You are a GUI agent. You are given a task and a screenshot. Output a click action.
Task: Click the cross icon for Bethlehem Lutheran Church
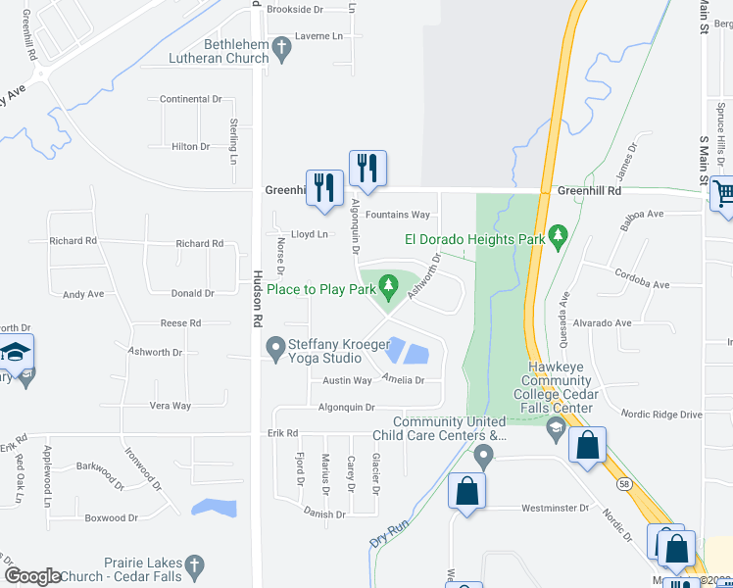[x=282, y=47]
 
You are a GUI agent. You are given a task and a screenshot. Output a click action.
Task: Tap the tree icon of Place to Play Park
[x=389, y=287]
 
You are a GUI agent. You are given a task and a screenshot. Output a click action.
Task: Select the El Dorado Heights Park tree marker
[x=559, y=236]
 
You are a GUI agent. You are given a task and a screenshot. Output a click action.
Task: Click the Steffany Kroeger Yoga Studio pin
[x=275, y=348]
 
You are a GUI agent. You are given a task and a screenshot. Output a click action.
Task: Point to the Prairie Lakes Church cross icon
[x=194, y=565]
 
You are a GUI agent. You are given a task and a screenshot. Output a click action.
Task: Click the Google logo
[x=33, y=576]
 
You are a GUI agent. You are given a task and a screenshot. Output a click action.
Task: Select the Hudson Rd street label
[x=258, y=298]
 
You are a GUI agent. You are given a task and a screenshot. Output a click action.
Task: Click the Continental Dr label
[x=191, y=99]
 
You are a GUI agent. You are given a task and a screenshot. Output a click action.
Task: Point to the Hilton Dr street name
[x=191, y=146]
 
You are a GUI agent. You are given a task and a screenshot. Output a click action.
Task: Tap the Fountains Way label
[x=398, y=215]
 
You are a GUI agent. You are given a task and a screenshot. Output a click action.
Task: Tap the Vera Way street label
[x=170, y=406]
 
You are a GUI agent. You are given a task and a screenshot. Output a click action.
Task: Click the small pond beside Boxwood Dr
[x=215, y=508]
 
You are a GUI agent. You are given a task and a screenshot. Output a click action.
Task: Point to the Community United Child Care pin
[x=482, y=456]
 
